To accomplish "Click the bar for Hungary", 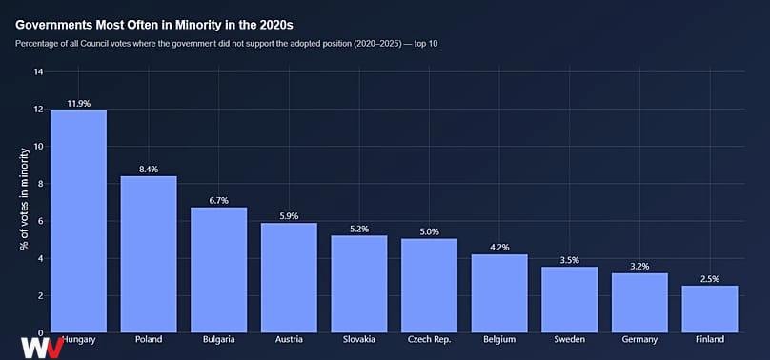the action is point(78,221).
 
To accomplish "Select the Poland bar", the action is point(149,254).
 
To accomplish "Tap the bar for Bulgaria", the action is point(219,270).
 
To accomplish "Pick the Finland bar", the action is point(710,309).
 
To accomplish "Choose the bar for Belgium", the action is point(499,293).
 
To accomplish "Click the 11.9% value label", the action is point(78,104).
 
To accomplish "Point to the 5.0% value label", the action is point(429,232).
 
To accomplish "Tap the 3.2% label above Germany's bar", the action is point(639,267).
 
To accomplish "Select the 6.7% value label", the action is point(219,201).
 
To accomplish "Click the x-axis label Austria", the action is point(290,339).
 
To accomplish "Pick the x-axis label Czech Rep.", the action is point(429,339).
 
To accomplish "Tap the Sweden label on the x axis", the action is point(570,339).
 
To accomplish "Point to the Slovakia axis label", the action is point(359,339).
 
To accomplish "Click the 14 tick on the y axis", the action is point(38,72).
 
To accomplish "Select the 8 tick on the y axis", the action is point(40,184).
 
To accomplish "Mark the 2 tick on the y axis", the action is point(40,296).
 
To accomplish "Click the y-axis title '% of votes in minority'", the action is point(25,199).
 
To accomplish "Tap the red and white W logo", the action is point(42,348).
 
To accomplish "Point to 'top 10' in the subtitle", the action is point(426,44).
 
